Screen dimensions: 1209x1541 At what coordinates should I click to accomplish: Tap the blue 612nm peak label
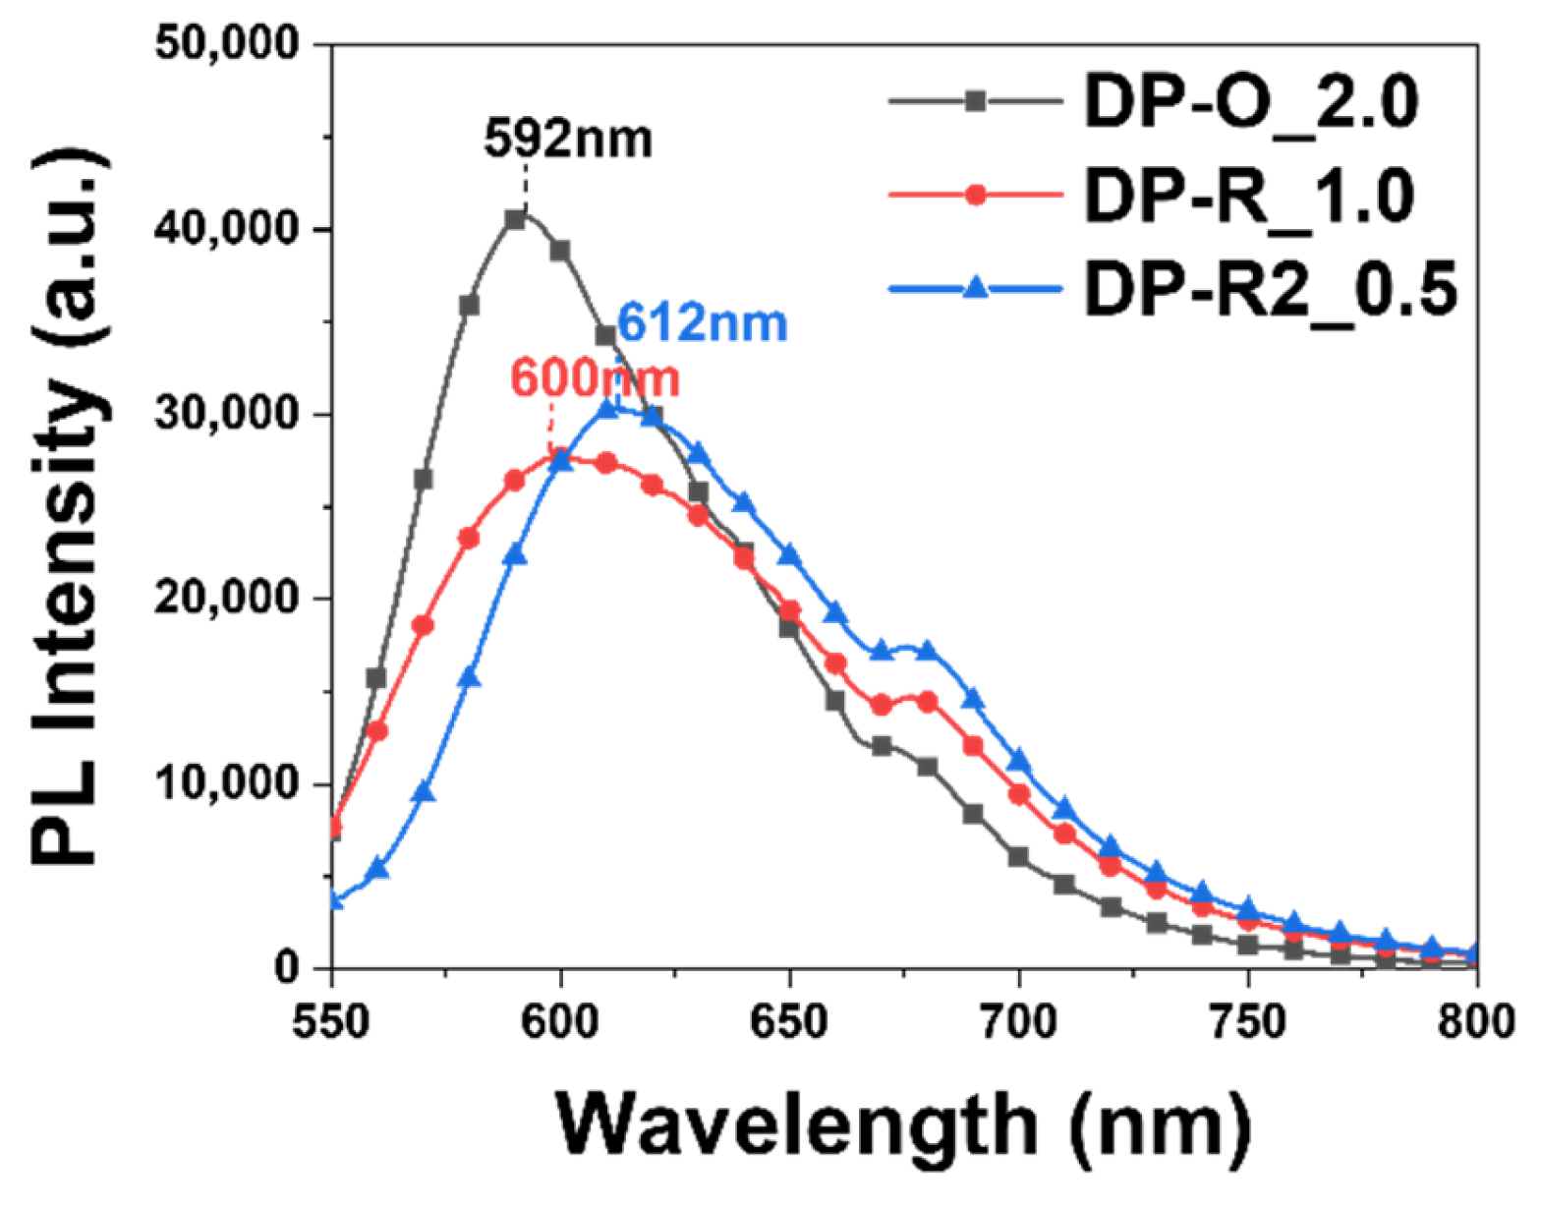(702, 323)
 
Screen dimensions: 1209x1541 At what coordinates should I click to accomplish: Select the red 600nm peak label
(595, 379)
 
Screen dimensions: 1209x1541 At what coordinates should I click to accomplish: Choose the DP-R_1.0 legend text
(1249, 196)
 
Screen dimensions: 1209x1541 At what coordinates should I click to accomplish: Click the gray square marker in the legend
(975, 101)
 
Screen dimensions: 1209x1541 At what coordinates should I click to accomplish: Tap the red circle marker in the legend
(975, 196)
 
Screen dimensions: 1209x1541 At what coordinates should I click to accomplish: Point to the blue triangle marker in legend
(975, 288)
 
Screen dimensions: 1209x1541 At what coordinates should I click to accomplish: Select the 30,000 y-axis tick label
(228, 414)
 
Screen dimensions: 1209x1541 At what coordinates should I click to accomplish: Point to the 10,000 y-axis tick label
(228, 783)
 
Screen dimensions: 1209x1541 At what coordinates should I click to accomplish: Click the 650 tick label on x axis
(789, 1022)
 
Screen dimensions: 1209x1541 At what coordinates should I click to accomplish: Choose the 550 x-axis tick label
(333, 1022)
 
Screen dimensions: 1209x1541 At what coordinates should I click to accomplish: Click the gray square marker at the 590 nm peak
(515, 220)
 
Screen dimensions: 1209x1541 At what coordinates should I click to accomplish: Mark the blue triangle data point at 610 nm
(607, 408)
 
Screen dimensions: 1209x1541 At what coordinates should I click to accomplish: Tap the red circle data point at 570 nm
(423, 625)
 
